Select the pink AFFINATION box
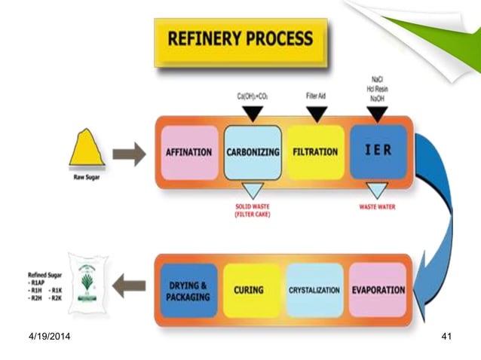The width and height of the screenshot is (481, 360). pyautogui.click(x=188, y=152)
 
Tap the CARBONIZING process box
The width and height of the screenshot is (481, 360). pyautogui.click(x=253, y=152)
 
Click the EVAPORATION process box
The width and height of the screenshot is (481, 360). pyautogui.click(x=378, y=290)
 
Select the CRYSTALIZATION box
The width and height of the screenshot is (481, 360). pyautogui.click(x=315, y=290)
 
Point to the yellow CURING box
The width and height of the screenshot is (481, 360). pyautogui.click(x=253, y=290)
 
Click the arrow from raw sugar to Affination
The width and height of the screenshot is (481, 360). pyautogui.click(x=129, y=155)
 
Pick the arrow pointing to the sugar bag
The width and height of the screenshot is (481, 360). pyautogui.click(x=130, y=285)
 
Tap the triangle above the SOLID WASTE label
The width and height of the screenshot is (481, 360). pyautogui.click(x=253, y=191)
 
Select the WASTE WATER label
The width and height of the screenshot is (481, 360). pyautogui.click(x=377, y=207)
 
